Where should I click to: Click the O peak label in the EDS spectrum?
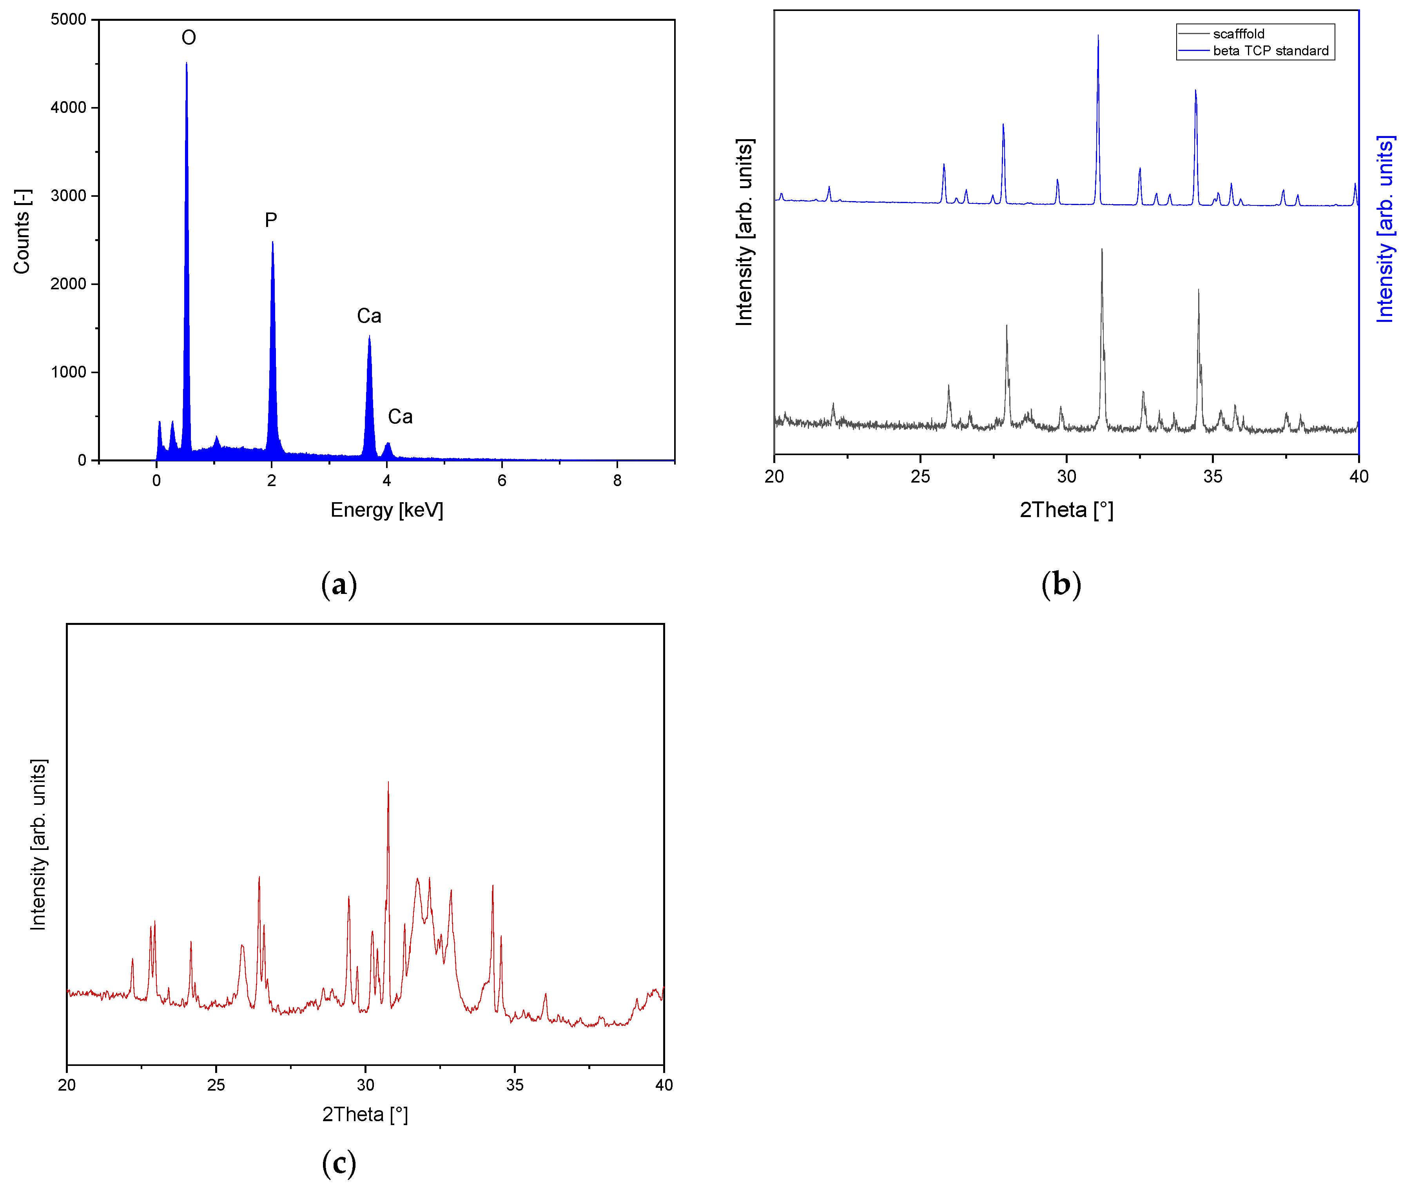click(189, 38)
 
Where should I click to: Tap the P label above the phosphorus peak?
click(271, 220)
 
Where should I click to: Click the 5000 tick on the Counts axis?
click(69, 20)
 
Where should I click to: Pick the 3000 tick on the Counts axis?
click(69, 196)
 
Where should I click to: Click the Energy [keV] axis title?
click(387, 510)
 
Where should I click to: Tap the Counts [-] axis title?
click(22, 231)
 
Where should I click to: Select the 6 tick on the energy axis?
click(502, 481)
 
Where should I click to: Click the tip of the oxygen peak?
click(187, 64)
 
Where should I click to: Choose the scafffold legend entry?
click(1239, 34)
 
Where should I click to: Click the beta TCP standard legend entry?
click(1270, 51)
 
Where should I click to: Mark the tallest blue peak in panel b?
click(1098, 36)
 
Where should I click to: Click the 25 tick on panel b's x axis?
click(920, 477)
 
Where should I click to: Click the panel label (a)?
click(339, 585)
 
